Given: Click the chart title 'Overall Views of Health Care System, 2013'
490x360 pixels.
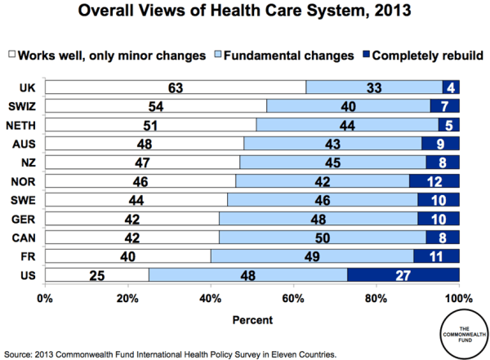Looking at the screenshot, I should point(245,14).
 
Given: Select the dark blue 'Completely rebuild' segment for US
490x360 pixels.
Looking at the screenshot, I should point(403,274).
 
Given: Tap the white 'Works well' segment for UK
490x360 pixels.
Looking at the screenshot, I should point(175,87).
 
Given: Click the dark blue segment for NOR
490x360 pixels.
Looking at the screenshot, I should point(434,180).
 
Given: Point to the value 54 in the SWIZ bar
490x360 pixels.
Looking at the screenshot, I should point(155,105).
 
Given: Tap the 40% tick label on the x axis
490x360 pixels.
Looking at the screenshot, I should point(211,298).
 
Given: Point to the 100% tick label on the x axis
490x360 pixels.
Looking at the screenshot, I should point(457,298).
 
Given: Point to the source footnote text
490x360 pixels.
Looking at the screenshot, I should point(171,353).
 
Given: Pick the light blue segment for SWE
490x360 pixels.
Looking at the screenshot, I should point(322,199).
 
